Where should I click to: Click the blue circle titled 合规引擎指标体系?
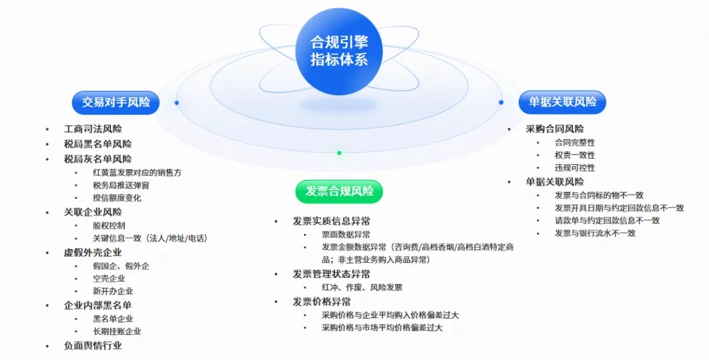tap(339, 51)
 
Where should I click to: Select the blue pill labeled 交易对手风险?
tap(116, 102)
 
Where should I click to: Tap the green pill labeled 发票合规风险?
tap(339, 191)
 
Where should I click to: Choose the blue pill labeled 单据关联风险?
tap(562, 102)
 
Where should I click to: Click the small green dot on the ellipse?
tap(339, 153)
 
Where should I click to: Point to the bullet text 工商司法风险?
tap(93, 129)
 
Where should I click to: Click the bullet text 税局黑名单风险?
tap(98, 145)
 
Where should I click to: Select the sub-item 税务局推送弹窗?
tap(121, 185)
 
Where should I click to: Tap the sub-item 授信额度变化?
tap(117, 198)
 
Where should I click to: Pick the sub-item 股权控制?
tap(108, 226)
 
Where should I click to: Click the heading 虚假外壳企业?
tap(93, 253)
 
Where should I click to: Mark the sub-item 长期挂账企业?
tap(117, 332)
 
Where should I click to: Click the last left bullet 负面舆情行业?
tap(93, 346)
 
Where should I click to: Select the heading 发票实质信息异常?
tap(332, 221)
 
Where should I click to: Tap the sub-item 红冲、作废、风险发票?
tap(362, 288)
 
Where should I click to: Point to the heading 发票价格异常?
tap(322, 302)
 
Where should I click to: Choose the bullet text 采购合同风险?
tap(555, 129)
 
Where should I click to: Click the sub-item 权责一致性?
tap(574, 155)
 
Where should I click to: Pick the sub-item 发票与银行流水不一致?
tap(595, 233)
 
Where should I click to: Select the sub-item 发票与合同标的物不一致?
tap(599, 195)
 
